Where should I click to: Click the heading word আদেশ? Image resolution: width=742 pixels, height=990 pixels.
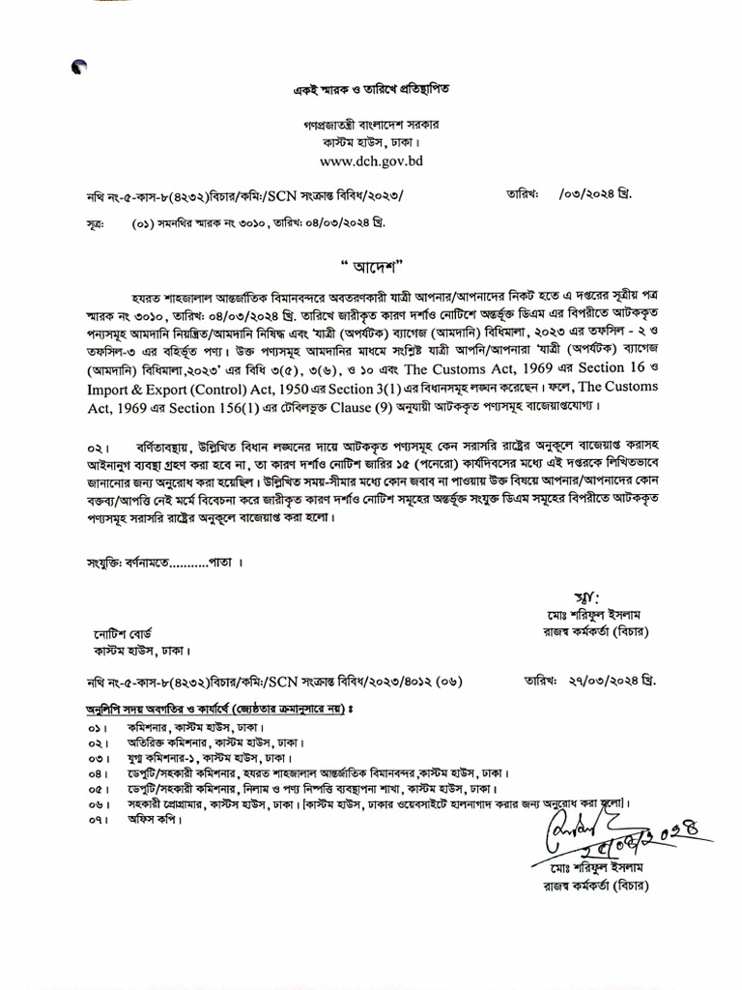pos(370,265)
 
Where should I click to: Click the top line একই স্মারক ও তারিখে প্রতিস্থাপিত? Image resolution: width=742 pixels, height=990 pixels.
pos(371,90)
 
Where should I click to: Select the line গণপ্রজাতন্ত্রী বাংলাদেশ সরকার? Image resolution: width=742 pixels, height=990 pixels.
pos(371,126)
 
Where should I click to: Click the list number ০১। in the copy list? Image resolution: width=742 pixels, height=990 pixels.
pos(97,726)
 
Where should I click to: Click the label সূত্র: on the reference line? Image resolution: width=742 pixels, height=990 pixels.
pos(96,223)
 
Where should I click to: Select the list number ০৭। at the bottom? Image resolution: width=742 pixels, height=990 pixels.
pos(97,820)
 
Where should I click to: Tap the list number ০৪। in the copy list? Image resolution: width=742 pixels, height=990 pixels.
pos(97,773)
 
